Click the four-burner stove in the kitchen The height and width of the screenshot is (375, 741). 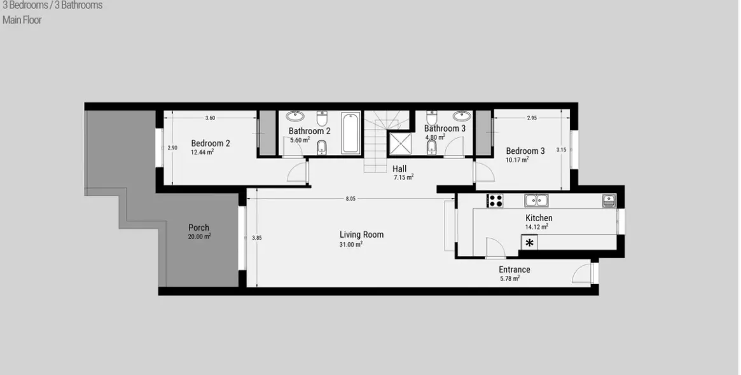495,201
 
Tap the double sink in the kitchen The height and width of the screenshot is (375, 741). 537,201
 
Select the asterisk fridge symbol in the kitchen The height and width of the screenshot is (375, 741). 529,243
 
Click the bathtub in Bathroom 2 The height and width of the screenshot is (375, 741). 351,133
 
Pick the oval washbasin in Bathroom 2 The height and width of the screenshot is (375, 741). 295,116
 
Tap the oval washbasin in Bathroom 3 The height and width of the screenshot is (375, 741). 461,116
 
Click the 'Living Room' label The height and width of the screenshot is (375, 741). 361,235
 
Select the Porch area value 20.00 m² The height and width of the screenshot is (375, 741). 199,236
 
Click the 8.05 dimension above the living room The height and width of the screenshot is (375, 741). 350,199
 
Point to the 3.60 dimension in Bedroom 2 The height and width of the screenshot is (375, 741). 210,118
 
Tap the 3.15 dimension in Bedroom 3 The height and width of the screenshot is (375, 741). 560,150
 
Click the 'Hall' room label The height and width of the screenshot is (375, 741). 399,169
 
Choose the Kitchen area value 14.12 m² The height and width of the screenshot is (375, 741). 536,226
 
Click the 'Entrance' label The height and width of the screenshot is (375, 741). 514,269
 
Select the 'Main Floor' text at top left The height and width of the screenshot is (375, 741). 22,20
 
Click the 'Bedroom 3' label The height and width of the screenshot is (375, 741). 525,151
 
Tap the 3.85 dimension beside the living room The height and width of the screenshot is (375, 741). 256,238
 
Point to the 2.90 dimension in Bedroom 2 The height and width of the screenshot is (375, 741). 172,148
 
